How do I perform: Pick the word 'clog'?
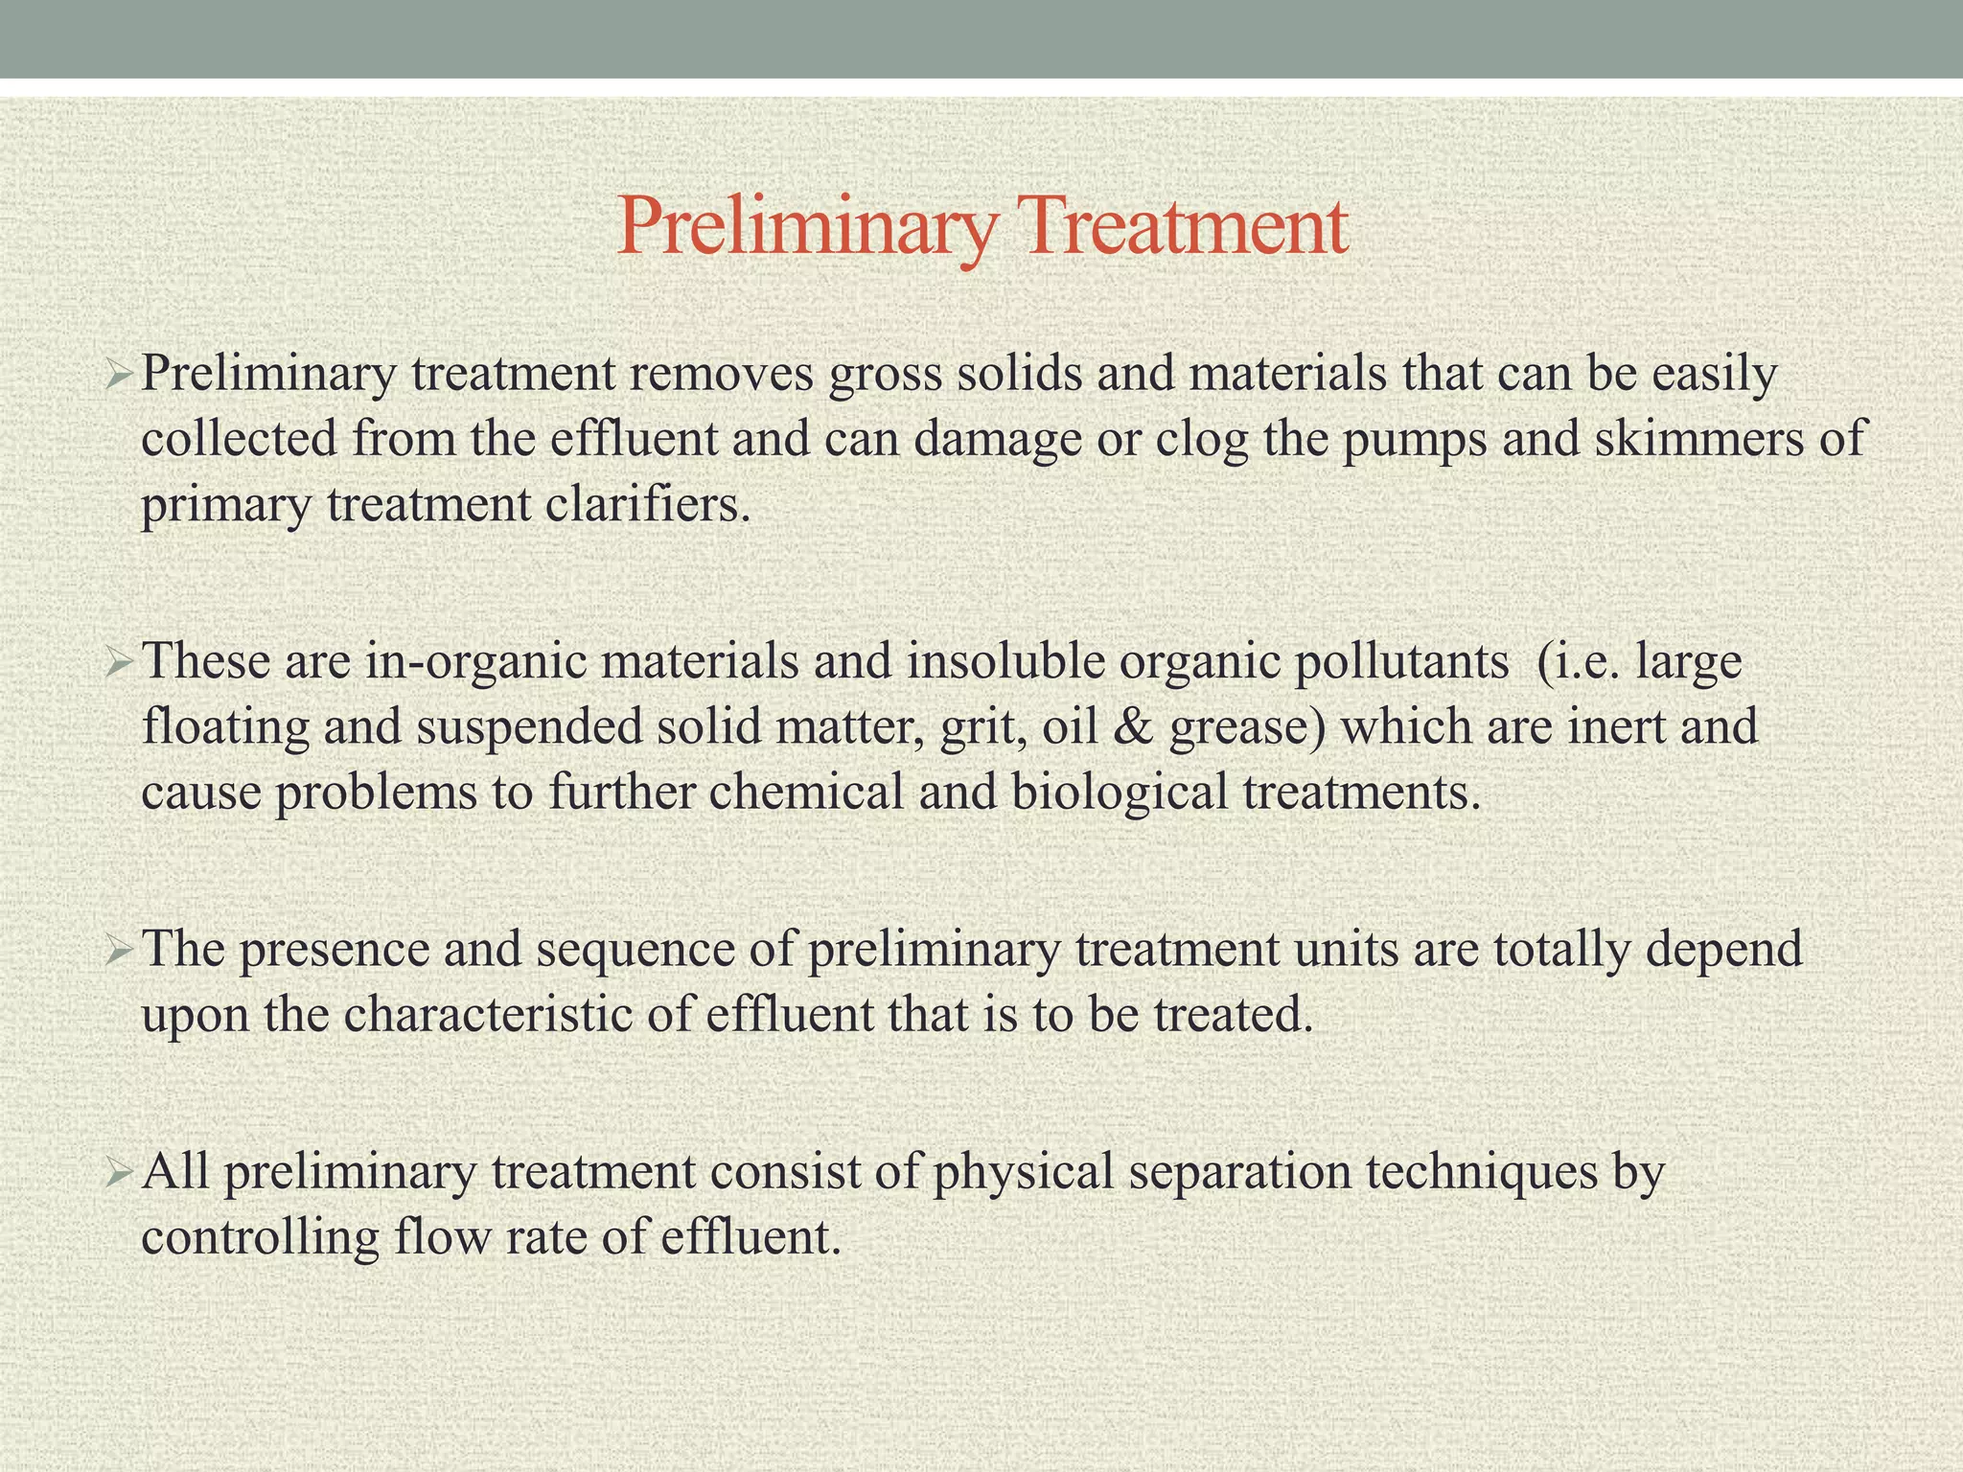(1202, 441)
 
